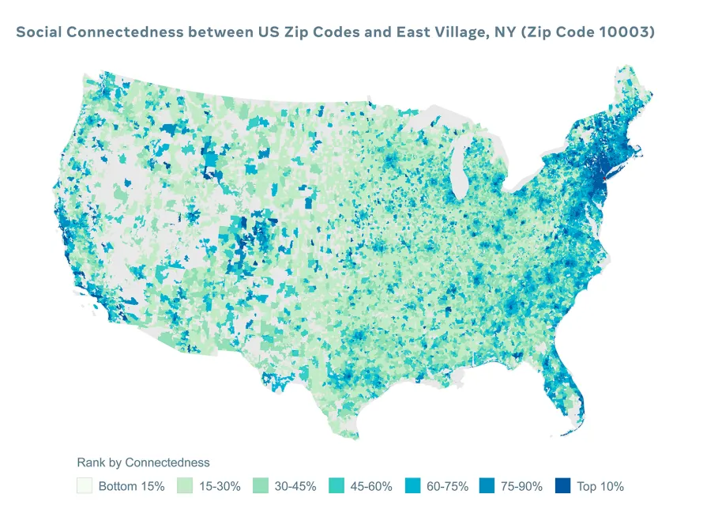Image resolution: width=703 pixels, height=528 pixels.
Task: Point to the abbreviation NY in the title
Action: pyautogui.click(x=516, y=33)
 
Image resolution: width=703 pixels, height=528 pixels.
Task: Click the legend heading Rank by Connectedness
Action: pyautogui.click(x=143, y=462)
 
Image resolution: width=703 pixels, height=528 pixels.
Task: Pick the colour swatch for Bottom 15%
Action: pyautogui.click(x=85, y=486)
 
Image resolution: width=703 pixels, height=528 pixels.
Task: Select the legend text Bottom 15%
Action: pyautogui.click(x=131, y=487)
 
